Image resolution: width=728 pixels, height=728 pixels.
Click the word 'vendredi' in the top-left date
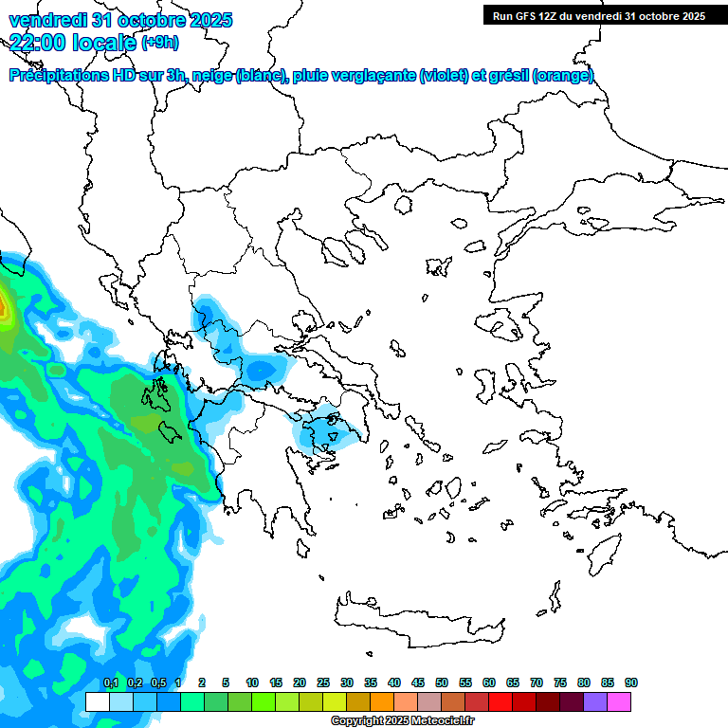pos(45,19)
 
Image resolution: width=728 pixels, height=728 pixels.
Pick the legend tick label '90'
pos(631,682)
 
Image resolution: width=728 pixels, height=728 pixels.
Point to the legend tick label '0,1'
pos(110,682)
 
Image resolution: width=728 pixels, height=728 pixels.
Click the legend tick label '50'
pos(442,682)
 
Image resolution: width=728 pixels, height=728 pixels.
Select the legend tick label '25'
pos(323,682)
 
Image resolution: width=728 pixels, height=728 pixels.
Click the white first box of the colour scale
pos(98,701)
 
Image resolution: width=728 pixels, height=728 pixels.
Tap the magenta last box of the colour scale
pos(619,701)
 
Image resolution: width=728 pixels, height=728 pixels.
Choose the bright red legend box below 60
pos(500,701)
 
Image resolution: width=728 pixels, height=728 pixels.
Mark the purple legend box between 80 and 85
pos(595,701)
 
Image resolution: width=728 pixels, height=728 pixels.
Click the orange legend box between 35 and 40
pos(382,701)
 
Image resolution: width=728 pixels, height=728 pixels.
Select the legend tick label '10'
pos(252,682)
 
